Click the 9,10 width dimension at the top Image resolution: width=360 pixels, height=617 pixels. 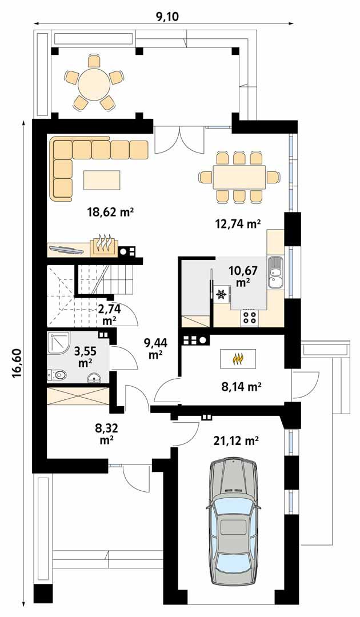click(x=167, y=17)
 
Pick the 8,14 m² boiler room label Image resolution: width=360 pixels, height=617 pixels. click(x=241, y=387)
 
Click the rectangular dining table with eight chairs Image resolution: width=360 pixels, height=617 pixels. click(x=239, y=177)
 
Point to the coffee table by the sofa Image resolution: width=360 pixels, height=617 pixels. click(x=102, y=181)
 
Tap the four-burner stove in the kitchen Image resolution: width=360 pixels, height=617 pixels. click(x=250, y=317)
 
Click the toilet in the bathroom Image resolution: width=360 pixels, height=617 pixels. click(x=58, y=375)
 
